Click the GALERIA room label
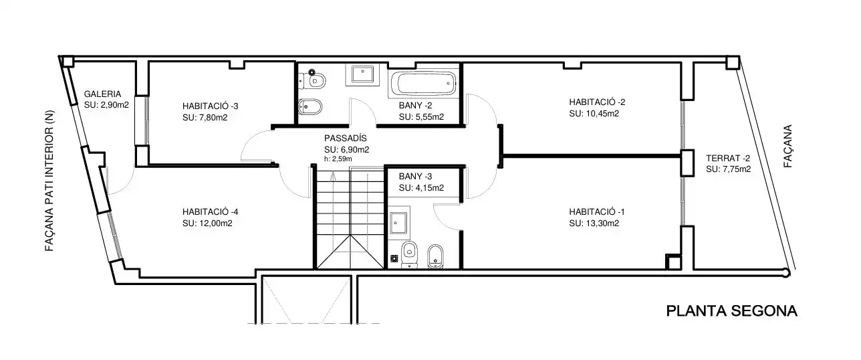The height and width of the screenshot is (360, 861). [102, 94]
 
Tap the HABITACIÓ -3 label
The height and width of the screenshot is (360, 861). [211, 106]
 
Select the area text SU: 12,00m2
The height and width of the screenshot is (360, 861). [207, 223]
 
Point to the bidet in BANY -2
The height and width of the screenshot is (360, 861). [310, 106]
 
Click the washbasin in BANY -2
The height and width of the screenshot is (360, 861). [362, 74]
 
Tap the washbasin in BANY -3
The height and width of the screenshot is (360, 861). [398, 223]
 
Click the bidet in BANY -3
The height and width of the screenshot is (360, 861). [435, 256]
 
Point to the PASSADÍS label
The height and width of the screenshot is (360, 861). [345, 139]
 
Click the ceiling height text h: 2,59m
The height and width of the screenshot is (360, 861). [338, 159]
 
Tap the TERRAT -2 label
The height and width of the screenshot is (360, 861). [728, 158]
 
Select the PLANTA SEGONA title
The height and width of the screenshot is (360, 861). [731, 311]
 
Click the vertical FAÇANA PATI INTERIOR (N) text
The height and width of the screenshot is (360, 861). [49, 181]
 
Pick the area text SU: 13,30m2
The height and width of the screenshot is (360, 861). [594, 223]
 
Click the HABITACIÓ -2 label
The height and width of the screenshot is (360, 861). [597, 102]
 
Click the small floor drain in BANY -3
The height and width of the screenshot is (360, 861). [394, 258]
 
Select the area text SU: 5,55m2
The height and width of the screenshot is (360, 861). [421, 117]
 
